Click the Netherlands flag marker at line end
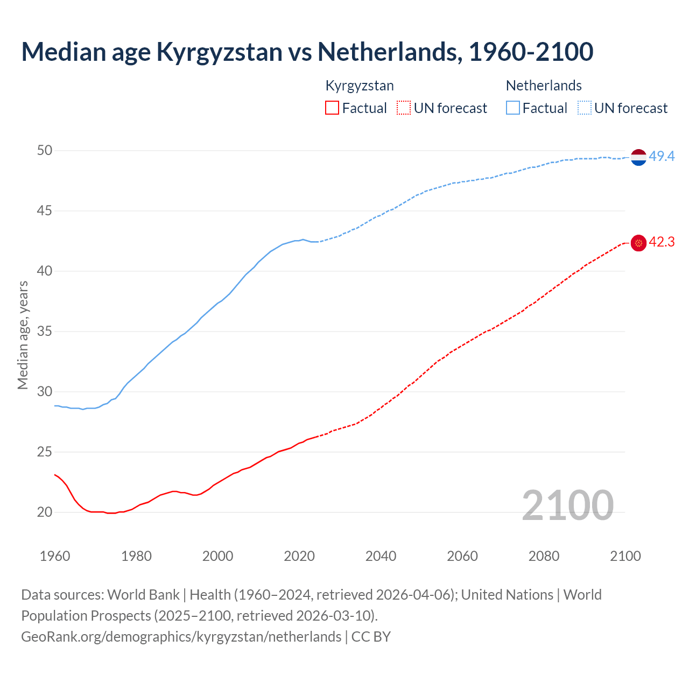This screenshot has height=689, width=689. pyautogui.click(x=638, y=157)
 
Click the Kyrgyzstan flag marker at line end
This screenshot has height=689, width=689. pyautogui.click(x=638, y=243)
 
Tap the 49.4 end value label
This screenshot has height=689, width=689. pyautogui.click(x=662, y=157)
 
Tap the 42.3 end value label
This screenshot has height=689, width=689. pyautogui.click(x=662, y=242)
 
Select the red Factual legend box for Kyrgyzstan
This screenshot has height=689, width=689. pyautogui.click(x=332, y=108)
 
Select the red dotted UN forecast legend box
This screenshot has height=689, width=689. pyautogui.click(x=404, y=108)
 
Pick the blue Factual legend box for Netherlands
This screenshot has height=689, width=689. pyautogui.click(x=513, y=108)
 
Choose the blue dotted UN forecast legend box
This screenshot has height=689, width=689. pyautogui.click(x=585, y=108)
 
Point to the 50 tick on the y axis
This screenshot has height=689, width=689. pyautogui.click(x=45, y=151)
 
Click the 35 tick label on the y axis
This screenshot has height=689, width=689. pyautogui.click(x=45, y=332)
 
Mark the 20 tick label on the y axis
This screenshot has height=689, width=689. pyautogui.click(x=45, y=512)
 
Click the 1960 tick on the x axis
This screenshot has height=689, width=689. pyautogui.click(x=55, y=556)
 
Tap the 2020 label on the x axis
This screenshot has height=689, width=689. pyautogui.click(x=299, y=556)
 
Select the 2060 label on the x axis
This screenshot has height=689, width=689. pyautogui.click(x=462, y=556)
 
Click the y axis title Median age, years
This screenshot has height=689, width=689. pyautogui.click(x=23, y=335)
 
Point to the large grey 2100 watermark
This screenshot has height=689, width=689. pyautogui.click(x=567, y=505)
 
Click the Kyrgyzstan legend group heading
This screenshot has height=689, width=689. pyautogui.click(x=360, y=86)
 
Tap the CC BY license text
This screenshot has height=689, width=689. pyautogui.click(x=371, y=637)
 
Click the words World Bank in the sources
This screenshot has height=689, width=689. pyautogui.click(x=143, y=595)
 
